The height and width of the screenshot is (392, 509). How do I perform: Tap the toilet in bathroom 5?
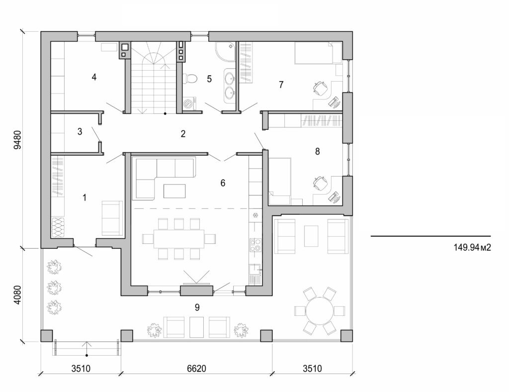pyautogui.click(x=190, y=78)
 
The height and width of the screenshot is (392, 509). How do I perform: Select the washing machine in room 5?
pyautogui.click(x=189, y=103)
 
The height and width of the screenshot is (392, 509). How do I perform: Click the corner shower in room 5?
pyautogui.click(x=225, y=52)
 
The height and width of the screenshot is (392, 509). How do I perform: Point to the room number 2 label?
pyautogui.click(x=183, y=133)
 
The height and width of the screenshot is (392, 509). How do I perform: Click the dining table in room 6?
pyautogui.click(x=178, y=239)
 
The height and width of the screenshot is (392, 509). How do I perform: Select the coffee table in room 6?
pyautogui.click(x=174, y=191)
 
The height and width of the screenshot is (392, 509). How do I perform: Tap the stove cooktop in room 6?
pyautogui.click(x=255, y=244)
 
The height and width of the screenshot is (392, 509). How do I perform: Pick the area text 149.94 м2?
pyautogui.click(x=472, y=247)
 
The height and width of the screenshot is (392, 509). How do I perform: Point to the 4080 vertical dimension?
pyautogui.click(x=18, y=295)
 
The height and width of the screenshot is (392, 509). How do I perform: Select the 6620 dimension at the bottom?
pyautogui.click(x=197, y=369)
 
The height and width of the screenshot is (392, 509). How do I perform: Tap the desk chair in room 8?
pyautogui.click(x=320, y=184)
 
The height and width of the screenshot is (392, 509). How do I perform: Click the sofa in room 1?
pyautogui.click(x=112, y=218)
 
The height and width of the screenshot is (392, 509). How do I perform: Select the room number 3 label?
pyautogui.click(x=80, y=132)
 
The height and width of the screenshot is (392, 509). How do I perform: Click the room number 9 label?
pyautogui.click(x=197, y=307)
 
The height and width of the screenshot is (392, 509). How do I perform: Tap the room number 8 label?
pyautogui.click(x=317, y=151)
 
